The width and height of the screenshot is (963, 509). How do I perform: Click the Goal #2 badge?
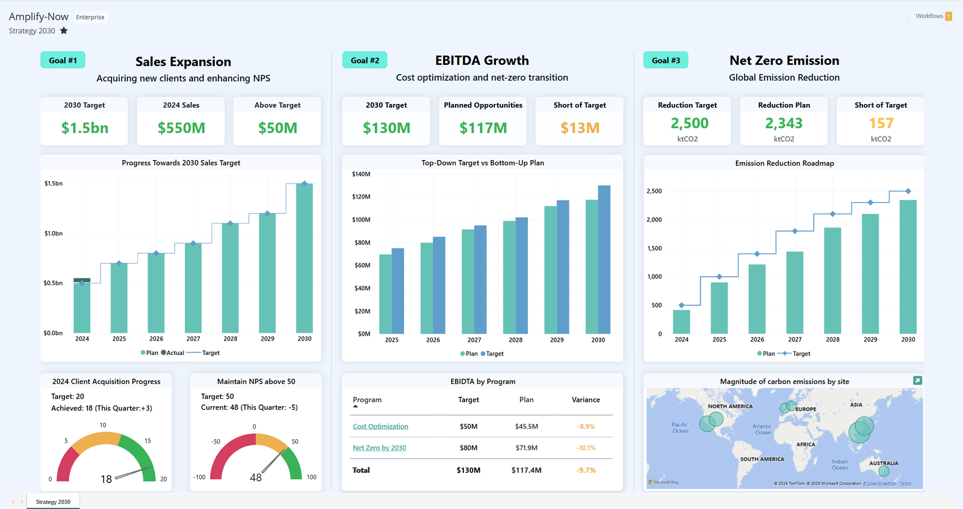(365, 60)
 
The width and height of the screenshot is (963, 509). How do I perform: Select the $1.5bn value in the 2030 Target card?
(85, 128)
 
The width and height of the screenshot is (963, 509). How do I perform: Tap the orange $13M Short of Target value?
(580, 128)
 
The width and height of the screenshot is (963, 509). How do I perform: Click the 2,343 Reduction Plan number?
(784, 123)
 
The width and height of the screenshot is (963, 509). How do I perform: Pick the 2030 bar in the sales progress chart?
(305, 259)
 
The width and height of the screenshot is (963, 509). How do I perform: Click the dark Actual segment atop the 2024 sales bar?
(82, 280)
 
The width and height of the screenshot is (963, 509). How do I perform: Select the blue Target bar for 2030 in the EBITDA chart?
(604, 259)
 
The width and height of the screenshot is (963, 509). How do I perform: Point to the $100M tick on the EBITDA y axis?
(361, 220)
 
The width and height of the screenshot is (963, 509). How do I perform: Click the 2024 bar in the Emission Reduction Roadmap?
(681, 322)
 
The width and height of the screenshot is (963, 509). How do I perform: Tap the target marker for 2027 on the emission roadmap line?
(795, 231)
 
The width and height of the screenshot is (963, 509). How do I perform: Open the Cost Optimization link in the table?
(380, 427)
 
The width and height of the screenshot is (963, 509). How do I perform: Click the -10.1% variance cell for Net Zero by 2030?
(586, 448)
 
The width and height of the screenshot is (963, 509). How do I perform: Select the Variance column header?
(586, 399)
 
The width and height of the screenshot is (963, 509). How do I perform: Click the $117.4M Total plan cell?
(526, 470)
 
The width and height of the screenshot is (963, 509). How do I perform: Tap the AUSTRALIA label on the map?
(884, 463)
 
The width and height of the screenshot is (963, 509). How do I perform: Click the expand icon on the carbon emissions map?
(917, 380)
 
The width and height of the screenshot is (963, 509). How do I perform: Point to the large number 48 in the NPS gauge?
(256, 478)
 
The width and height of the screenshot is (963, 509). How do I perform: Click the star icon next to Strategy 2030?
(64, 31)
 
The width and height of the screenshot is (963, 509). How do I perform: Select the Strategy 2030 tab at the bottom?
(53, 502)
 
